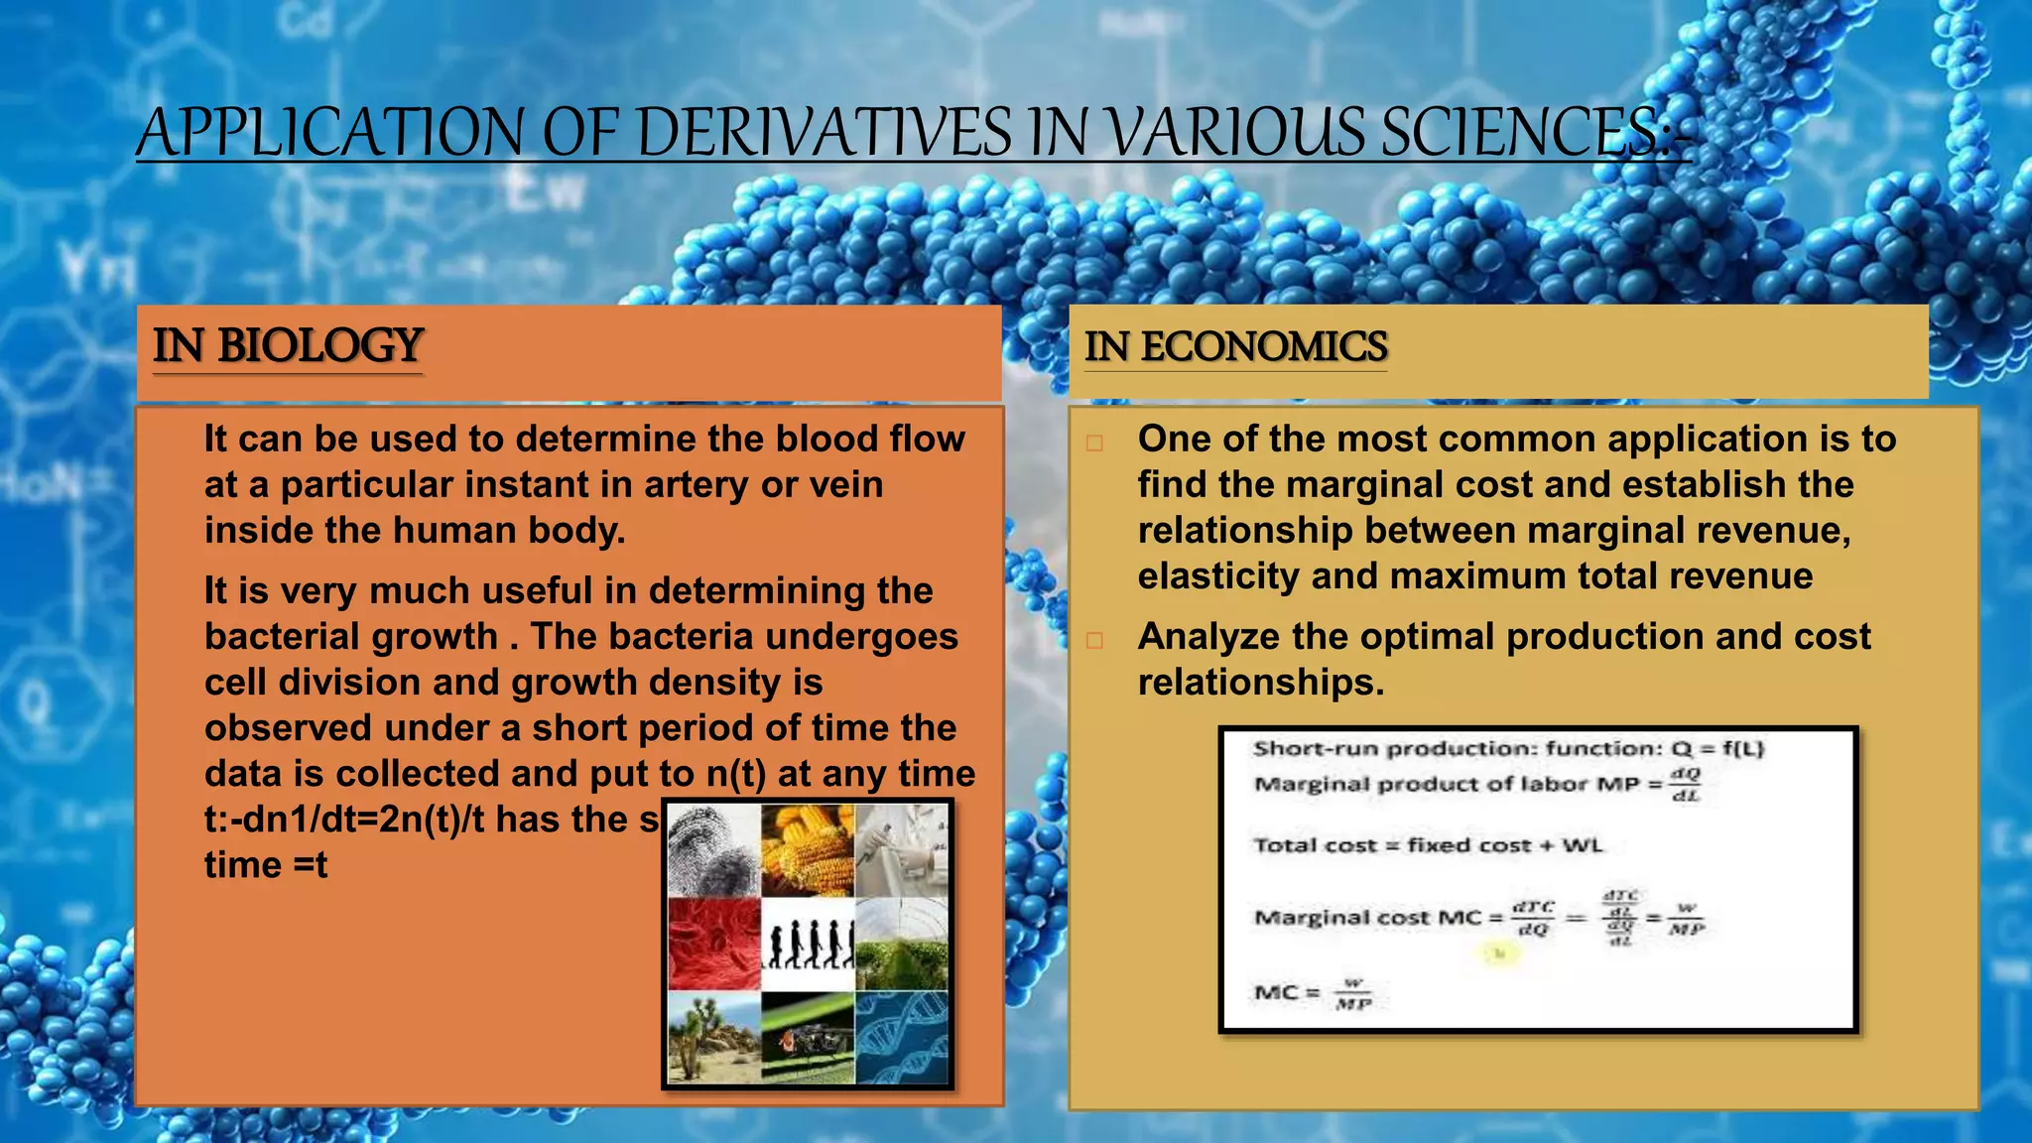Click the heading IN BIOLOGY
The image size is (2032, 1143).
click(x=288, y=345)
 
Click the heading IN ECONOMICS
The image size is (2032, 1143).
click(x=1235, y=346)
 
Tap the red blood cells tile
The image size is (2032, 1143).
click(x=713, y=944)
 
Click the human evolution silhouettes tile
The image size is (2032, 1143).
click(x=808, y=944)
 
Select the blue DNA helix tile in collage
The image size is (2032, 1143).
click(x=901, y=1037)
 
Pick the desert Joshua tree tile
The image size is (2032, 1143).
click(x=713, y=1037)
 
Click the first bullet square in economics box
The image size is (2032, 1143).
click(x=1094, y=443)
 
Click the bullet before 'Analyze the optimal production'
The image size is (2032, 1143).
click(x=1094, y=640)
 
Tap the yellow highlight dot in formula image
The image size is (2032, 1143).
click(x=1499, y=953)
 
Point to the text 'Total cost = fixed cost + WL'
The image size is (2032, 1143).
click(x=1427, y=845)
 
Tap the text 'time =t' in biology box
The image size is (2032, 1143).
click(x=265, y=865)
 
